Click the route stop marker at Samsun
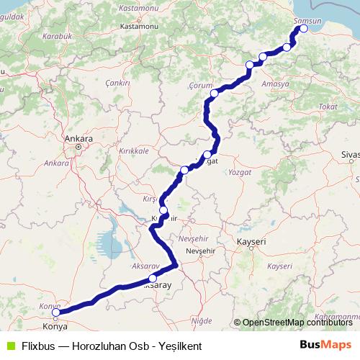coord(303,29)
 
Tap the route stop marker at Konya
coord(56,312)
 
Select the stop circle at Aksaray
coord(153,279)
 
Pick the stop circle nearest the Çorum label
coord(214,93)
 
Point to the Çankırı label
coord(117,83)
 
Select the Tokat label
coord(327,106)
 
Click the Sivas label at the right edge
coord(351,155)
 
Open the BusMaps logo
coord(325,345)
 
